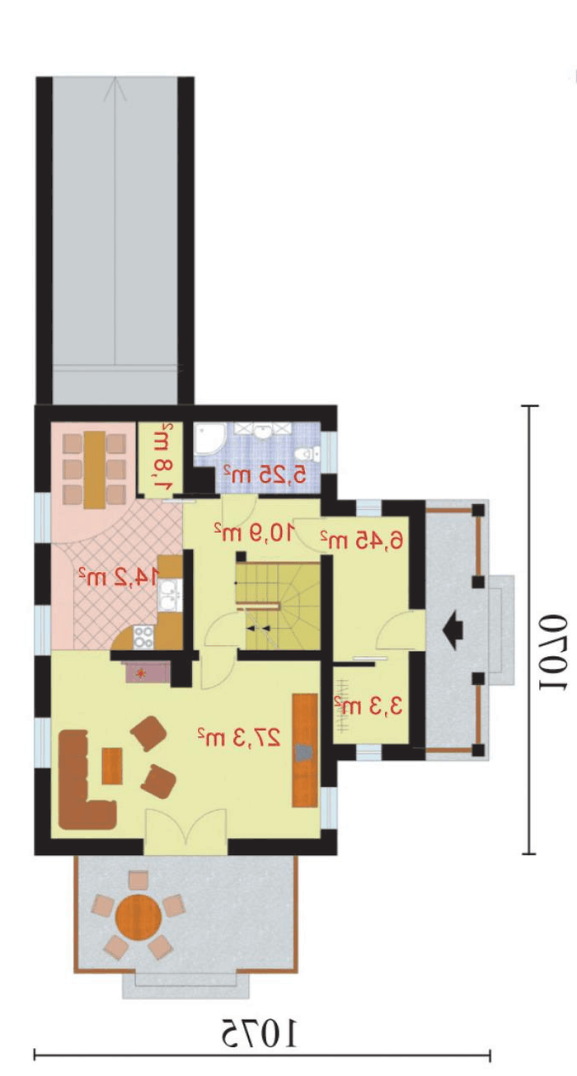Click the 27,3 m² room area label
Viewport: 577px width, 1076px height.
click(x=238, y=737)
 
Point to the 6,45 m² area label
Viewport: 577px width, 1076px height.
click(x=362, y=540)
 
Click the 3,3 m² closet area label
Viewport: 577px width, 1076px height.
click(x=368, y=706)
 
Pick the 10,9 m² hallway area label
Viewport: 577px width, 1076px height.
click(x=254, y=531)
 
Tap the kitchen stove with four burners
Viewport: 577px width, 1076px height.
click(x=143, y=637)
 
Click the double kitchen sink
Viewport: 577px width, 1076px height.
click(x=170, y=596)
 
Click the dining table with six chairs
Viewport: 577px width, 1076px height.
click(x=94, y=470)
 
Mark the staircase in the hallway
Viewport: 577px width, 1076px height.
click(x=279, y=606)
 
